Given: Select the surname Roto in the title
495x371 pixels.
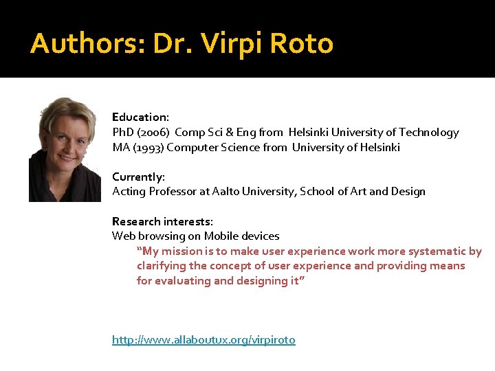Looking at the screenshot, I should pyautogui.click(x=302, y=44).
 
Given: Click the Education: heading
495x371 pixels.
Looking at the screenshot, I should pyautogui.click(x=140, y=117).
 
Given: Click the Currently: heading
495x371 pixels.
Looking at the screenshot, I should pyautogui.click(x=138, y=177).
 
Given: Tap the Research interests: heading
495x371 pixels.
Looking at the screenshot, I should pyautogui.click(x=162, y=221).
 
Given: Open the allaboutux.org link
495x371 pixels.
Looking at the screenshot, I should pyautogui.click(x=203, y=339).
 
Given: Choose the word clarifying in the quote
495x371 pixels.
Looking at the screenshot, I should pyautogui.click(x=162, y=266).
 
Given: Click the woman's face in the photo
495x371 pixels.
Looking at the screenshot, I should pyautogui.click(x=63, y=142).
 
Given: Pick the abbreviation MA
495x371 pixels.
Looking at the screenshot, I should pyautogui.click(x=120, y=147).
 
